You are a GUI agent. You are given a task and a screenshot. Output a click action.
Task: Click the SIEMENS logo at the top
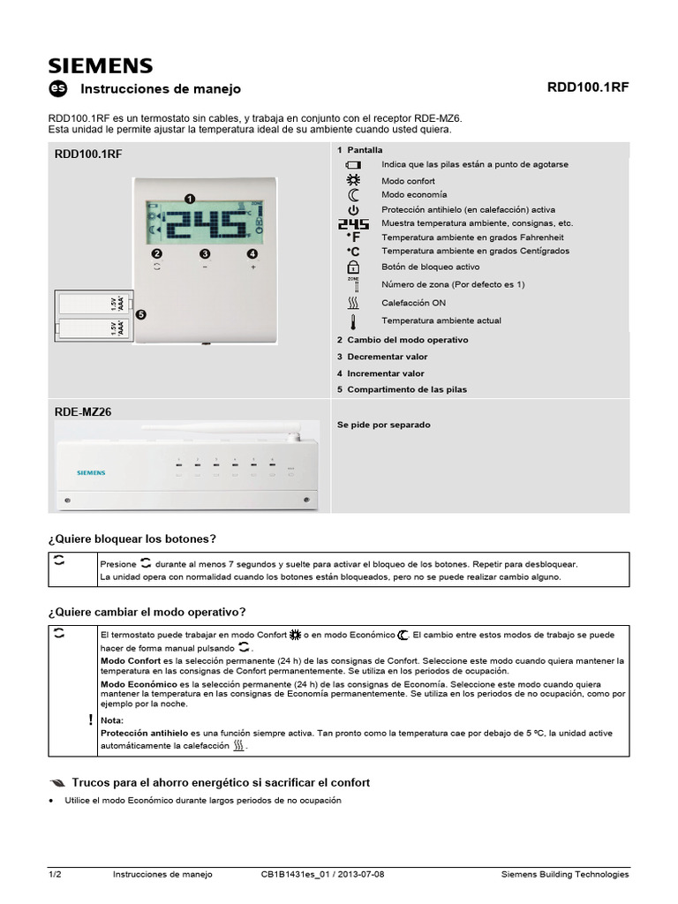100,65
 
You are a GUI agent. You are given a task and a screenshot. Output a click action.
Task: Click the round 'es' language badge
57,88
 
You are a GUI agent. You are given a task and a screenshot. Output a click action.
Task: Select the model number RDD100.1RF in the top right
588,88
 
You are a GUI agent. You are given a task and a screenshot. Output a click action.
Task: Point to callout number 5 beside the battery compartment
141,313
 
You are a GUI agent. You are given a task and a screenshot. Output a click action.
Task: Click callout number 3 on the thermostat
205,254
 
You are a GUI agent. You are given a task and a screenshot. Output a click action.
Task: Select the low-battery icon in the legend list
353,165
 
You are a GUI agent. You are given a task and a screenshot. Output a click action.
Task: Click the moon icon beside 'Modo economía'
353,194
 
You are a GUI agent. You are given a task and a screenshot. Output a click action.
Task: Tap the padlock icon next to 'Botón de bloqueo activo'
353,267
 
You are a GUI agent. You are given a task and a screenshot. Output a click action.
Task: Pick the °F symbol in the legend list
353,237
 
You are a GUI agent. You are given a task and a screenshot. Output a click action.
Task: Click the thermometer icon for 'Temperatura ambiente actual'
353,321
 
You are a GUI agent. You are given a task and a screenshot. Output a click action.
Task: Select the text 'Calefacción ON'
413,302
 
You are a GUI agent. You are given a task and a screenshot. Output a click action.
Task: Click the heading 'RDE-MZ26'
83,411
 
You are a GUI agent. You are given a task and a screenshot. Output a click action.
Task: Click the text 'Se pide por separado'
383,425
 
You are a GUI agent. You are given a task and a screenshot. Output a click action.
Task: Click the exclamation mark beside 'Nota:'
91,719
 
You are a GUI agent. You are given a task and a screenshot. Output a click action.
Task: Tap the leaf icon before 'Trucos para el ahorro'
57,783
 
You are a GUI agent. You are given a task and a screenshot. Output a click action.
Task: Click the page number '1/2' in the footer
55,875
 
